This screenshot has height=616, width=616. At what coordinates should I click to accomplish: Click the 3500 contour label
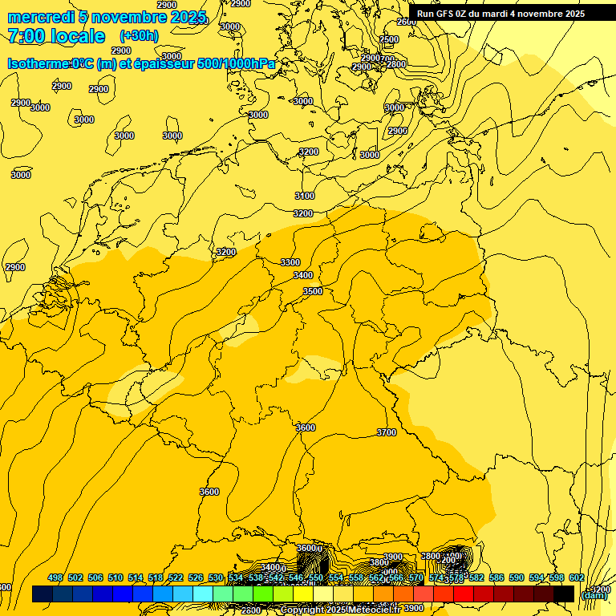coord(313,291)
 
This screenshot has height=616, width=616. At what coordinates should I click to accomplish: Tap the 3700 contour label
coord(387,432)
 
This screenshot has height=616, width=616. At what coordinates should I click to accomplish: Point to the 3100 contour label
coord(305,196)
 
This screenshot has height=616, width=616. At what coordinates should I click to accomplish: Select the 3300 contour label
coord(290,262)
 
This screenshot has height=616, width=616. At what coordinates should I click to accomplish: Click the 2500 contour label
coord(389,39)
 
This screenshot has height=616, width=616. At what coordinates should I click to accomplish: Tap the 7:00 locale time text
coord(56,36)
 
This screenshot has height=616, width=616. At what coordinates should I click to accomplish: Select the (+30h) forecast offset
coord(139,36)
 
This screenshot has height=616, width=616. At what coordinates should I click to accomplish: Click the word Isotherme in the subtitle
coord(39,64)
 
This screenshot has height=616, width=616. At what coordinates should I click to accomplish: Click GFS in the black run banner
coord(444,14)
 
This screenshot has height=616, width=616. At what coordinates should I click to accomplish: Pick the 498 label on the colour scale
coord(55,577)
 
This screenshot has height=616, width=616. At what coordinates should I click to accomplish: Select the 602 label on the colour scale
coord(576,577)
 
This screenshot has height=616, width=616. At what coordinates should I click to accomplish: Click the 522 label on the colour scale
coord(176,577)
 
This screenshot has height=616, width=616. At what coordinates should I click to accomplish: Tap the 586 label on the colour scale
coord(496,577)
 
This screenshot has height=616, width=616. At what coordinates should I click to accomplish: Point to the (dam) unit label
coord(594,594)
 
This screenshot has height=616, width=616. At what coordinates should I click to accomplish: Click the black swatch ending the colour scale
coord(564,594)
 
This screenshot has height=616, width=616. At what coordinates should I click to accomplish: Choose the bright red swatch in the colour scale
coord(464,594)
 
